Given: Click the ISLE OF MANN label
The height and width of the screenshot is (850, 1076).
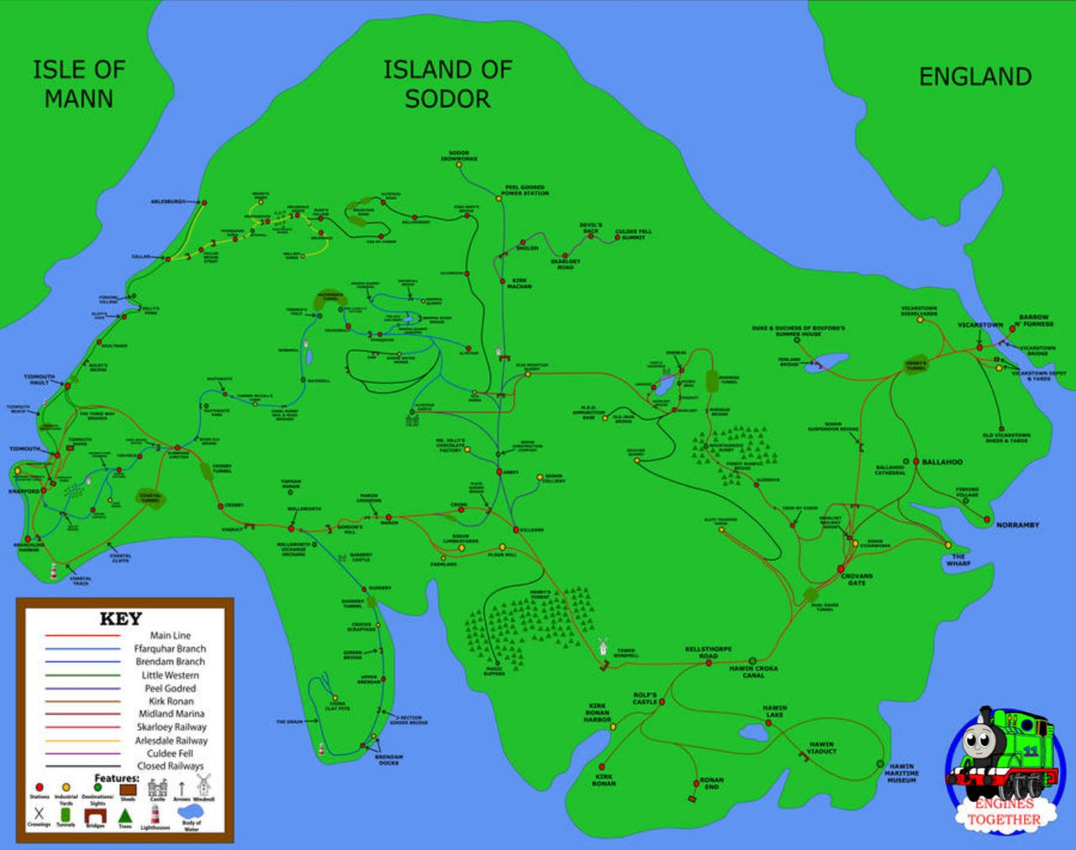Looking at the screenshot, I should pyautogui.click(x=78, y=84).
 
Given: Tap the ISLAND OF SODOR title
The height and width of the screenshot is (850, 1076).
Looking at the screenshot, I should pyautogui.click(x=447, y=84).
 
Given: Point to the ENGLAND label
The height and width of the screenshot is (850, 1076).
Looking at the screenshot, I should pyautogui.click(x=975, y=77).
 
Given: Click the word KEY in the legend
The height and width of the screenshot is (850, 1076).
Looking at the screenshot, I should pyautogui.click(x=120, y=619).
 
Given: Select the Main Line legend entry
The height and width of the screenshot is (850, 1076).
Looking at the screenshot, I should pyautogui.click(x=170, y=636).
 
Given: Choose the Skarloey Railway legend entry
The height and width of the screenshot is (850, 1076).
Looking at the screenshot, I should pyautogui.click(x=171, y=727).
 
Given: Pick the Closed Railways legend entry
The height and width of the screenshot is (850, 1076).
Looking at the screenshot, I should pyautogui.click(x=170, y=766).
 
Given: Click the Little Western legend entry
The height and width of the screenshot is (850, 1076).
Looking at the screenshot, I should pyautogui.click(x=170, y=675).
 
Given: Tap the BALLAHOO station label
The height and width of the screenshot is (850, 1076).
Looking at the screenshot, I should pyautogui.click(x=941, y=462).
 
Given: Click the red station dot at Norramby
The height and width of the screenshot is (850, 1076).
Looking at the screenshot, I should pyautogui.click(x=988, y=520).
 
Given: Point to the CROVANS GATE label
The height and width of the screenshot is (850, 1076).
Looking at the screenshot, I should pyautogui.click(x=857, y=580).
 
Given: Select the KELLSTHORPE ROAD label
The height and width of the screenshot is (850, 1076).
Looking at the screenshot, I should pyautogui.click(x=708, y=653).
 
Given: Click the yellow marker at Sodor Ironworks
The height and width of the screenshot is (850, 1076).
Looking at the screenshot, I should pyautogui.click(x=459, y=165).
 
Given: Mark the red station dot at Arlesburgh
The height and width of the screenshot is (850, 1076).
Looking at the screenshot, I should pyautogui.click(x=204, y=202).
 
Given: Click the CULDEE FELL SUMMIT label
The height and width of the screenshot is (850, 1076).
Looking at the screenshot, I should pyautogui.click(x=633, y=234).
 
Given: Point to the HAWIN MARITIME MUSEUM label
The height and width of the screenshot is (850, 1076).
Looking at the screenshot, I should pyautogui.click(x=901, y=773).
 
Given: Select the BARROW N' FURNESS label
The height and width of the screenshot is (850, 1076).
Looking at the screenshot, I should pyautogui.click(x=1033, y=320).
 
